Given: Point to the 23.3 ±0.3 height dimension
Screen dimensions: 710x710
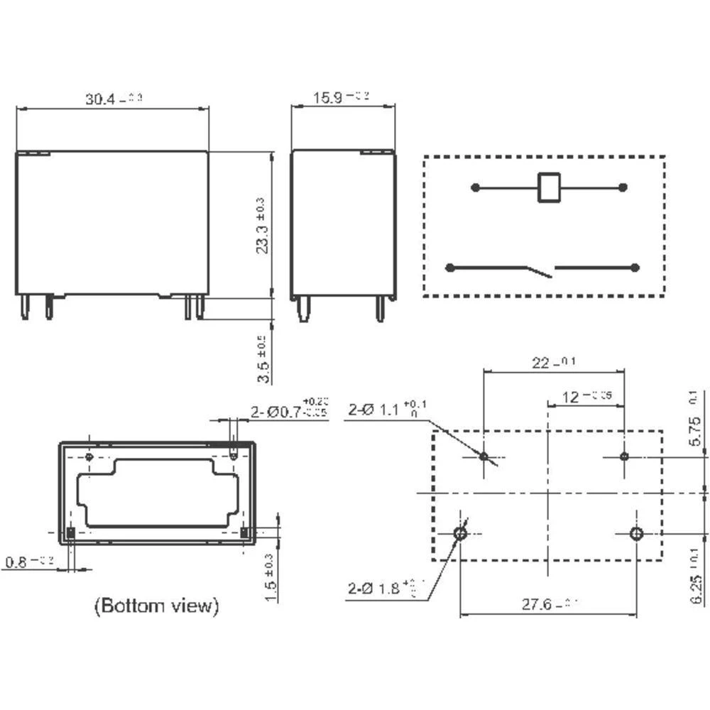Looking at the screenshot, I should pyautogui.click(x=262, y=226).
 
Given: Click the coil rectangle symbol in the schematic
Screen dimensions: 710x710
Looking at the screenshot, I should pyautogui.click(x=548, y=187).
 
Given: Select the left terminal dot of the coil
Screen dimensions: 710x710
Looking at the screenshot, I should pyautogui.click(x=475, y=187).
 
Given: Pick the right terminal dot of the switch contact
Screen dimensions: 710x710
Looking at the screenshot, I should pyautogui.click(x=635, y=268).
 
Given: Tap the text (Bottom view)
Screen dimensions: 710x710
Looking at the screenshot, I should pyautogui.click(x=156, y=606).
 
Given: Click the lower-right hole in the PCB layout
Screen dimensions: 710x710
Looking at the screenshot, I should pyautogui.click(x=636, y=534).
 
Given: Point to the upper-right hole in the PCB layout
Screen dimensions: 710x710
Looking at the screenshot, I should pyautogui.click(x=624, y=456).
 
